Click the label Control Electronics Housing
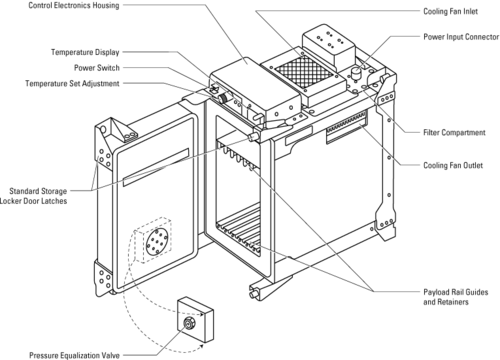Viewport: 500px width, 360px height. [x=74, y=5]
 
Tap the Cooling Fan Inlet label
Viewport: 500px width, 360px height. [x=450, y=11]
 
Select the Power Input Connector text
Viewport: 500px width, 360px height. [x=461, y=37]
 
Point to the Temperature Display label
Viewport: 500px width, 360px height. [x=85, y=52]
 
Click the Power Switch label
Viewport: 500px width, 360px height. [x=97, y=68]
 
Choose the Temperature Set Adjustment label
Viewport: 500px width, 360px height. [x=72, y=83]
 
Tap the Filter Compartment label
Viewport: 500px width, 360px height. [x=454, y=132]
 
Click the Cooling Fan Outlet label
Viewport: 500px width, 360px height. [x=453, y=165]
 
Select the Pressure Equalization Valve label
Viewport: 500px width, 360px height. [x=74, y=355]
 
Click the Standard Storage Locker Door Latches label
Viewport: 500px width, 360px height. [x=34, y=196]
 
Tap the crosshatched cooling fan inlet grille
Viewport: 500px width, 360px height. [x=304, y=72]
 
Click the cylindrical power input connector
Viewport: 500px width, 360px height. [x=356, y=73]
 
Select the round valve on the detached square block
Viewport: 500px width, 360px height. [x=189, y=323]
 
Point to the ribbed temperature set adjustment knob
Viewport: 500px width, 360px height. [x=222, y=98]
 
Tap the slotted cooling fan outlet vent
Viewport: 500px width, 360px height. [x=346, y=127]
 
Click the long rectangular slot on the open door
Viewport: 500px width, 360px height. [x=156, y=167]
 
